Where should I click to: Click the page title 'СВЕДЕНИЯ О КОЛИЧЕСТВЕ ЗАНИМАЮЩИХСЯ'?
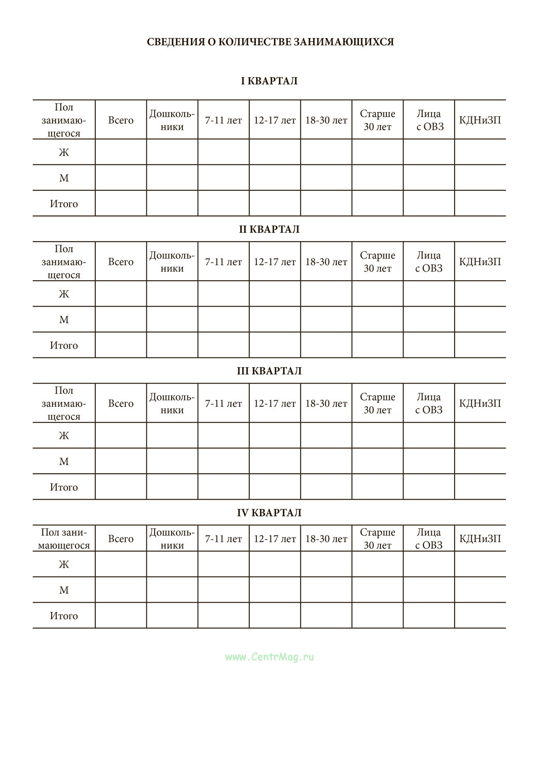(x=270, y=42)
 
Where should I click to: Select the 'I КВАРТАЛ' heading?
(x=269, y=81)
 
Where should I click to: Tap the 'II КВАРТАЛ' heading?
(x=269, y=229)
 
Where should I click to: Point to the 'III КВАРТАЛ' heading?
(x=269, y=371)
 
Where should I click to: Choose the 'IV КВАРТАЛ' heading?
(x=269, y=513)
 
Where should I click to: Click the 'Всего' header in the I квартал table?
(x=121, y=120)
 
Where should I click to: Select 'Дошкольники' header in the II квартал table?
(x=172, y=262)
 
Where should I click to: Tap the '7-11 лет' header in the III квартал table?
(x=223, y=404)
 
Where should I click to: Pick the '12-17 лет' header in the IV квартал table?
(x=274, y=539)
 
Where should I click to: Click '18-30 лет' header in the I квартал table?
(x=326, y=120)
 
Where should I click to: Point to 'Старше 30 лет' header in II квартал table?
(x=377, y=262)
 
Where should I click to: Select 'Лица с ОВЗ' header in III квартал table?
(x=429, y=404)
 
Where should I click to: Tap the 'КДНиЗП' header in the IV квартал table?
(x=480, y=539)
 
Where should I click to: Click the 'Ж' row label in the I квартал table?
(x=64, y=152)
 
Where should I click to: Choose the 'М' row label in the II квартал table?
(x=64, y=320)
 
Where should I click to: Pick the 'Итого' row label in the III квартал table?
(x=64, y=487)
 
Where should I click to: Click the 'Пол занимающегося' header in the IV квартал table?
(x=64, y=539)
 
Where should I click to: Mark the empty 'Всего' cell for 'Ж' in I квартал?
(x=121, y=152)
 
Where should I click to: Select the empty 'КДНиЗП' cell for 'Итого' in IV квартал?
(x=480, y=616)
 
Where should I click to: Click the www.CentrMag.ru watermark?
(x=269, y=657)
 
